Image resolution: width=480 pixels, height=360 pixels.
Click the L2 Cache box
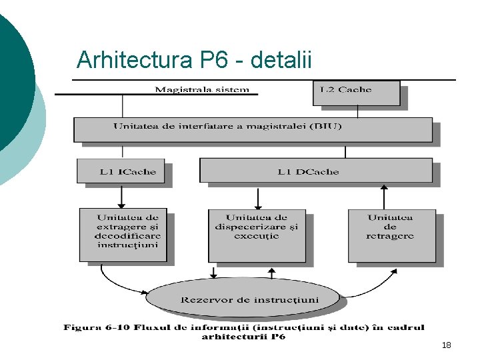coord(356,93)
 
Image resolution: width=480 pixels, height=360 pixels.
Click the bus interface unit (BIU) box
coord(253,129)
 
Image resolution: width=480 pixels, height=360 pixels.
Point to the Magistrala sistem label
coord(202,89)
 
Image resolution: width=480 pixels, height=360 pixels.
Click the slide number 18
coord(446,345)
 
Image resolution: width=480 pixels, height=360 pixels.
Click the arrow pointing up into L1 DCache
coord(383,196)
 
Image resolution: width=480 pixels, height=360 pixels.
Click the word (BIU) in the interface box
coord(326,126)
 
